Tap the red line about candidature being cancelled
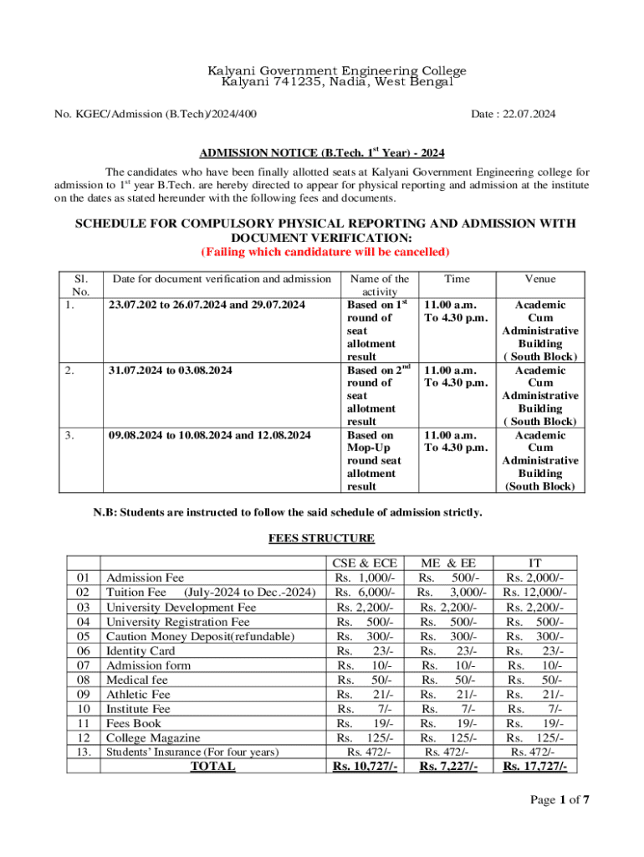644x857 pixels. coord(325,252)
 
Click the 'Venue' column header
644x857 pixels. coord(540,280)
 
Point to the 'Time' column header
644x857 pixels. coord(457,280)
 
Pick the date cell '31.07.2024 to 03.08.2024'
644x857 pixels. coord(171,370)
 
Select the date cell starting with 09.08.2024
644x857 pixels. coord(210,435)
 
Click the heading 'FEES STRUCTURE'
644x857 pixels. coord(321,538)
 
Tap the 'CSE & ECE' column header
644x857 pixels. coord(365,564)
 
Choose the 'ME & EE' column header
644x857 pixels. coord(448,564)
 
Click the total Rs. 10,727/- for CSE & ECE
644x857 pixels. coord(365,767)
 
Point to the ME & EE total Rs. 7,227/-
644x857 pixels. coord(448,767)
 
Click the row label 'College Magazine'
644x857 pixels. coord(153,738)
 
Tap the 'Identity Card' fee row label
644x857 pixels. coord(141,651)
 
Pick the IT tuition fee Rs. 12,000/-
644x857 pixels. coord(534,593)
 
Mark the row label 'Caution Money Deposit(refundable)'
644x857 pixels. coord(200,637)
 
